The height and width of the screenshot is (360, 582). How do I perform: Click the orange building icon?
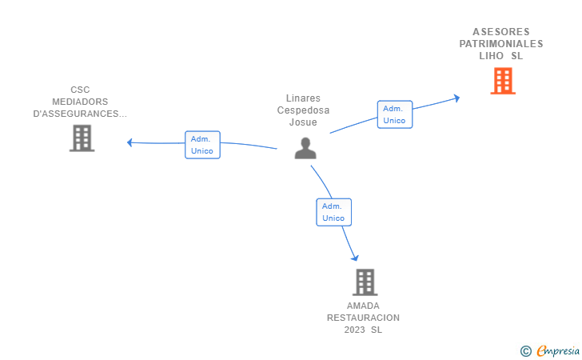tap(503, 81)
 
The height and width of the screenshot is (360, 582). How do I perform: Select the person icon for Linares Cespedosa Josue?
tap(305, 148)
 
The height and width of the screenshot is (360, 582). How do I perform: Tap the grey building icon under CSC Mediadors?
tap(82, 138)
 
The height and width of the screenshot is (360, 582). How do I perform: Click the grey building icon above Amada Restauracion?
tap(365, 282)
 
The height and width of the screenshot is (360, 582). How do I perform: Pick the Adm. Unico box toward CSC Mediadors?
tap(203, 145)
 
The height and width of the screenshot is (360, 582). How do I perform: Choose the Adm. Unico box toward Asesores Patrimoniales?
tap(395, 114)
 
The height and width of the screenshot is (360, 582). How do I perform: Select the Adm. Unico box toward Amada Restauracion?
tap(333, 212)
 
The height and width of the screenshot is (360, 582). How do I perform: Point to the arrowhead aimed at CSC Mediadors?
tap(130, 142)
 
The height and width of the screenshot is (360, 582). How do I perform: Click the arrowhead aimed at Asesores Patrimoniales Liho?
tap(457, 98)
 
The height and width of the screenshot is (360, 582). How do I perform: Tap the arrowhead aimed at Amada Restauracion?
tap(355, 258)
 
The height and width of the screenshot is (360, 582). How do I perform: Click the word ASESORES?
tap(501, 32)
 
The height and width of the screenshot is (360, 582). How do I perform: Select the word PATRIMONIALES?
tap(501, 44)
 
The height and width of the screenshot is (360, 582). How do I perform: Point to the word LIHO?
tap(491, 56)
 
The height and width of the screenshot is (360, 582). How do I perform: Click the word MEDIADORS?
tap(80, 102)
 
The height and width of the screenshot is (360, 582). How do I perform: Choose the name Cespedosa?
tap(303, 110)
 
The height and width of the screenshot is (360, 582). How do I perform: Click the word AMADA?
tap(363, 306)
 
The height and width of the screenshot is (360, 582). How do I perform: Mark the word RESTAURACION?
tap(363, 318)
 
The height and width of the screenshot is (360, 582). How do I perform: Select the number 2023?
tap(354, 330)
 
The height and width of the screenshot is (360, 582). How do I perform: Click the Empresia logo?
tap(550, 350)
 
